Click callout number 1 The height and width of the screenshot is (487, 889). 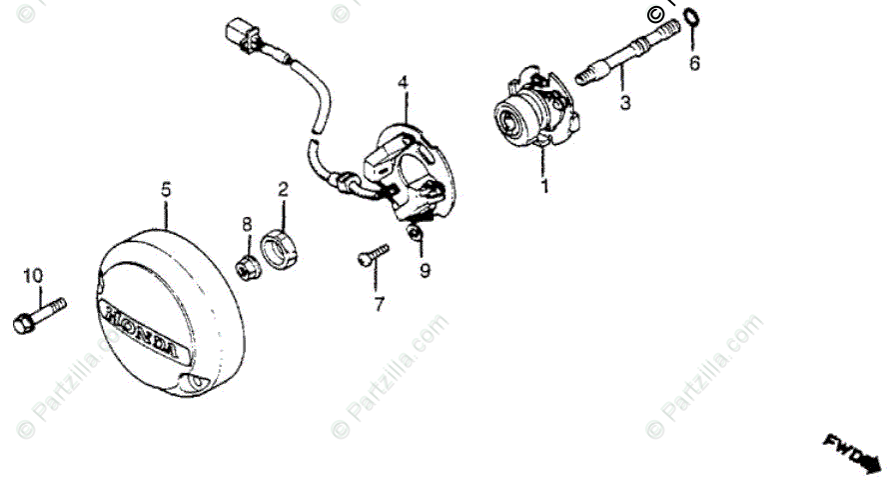(x=544, y=186)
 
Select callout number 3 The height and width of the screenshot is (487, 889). (x=624, y=102)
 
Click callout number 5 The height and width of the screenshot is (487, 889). (x=166, y=187)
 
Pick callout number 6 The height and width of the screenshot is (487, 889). (x=694, y=63)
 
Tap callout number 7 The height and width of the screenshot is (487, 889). (x=379, y=305)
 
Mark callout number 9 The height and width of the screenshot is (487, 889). (x=425, y=270)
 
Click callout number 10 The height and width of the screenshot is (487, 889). (x=33, y=275)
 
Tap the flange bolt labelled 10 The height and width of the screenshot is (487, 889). (x=37, y=314)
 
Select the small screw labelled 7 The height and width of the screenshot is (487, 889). (x=371, y=256)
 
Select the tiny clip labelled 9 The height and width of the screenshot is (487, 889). (x=416, y=235)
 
